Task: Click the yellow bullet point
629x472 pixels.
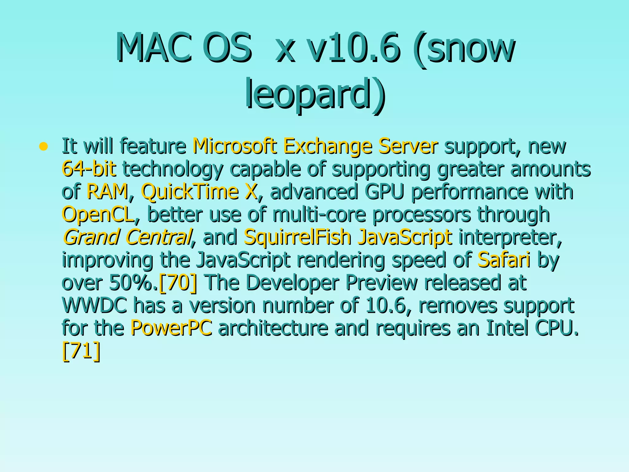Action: [x=44, y=146]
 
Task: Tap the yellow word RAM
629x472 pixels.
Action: [x=107, y=191]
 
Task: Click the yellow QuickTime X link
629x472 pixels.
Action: [x=199, y=191]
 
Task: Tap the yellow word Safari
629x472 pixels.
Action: [x=504, y=260]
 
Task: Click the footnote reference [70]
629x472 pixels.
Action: [x=178, y=282]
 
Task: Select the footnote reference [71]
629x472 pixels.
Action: [x=81, y=351]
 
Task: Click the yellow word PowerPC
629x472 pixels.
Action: [x=171, y=328]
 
